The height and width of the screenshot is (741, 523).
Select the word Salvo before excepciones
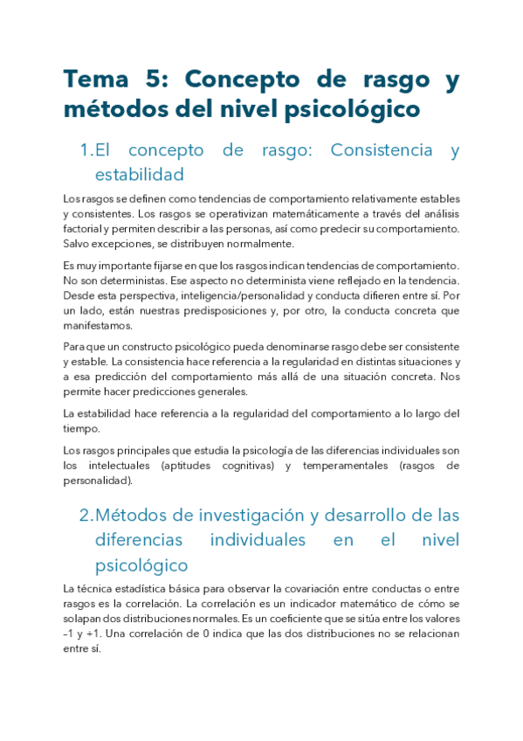pos(76,244)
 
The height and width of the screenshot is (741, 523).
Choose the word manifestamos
pos(98,326)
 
